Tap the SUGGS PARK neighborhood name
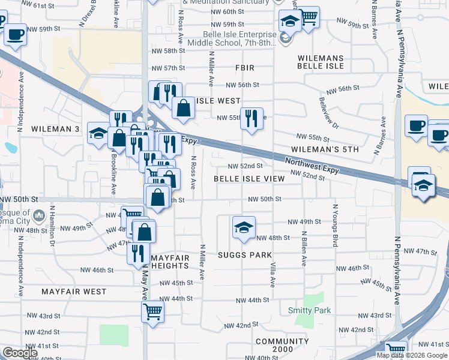click(x=244, y=255)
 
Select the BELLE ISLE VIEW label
click(x=249, y=179)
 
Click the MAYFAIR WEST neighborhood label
click(x=74, y=292)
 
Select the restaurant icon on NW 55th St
click(x=252, y=117)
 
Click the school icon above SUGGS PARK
click(x=243, y=227)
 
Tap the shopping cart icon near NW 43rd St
click(x=152, y=311)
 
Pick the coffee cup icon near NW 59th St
click(x=16, y=34)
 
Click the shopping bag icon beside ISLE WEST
click(x=183, y=108)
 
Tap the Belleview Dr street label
click(x=329, y=113)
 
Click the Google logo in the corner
click(x=20, y=353)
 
